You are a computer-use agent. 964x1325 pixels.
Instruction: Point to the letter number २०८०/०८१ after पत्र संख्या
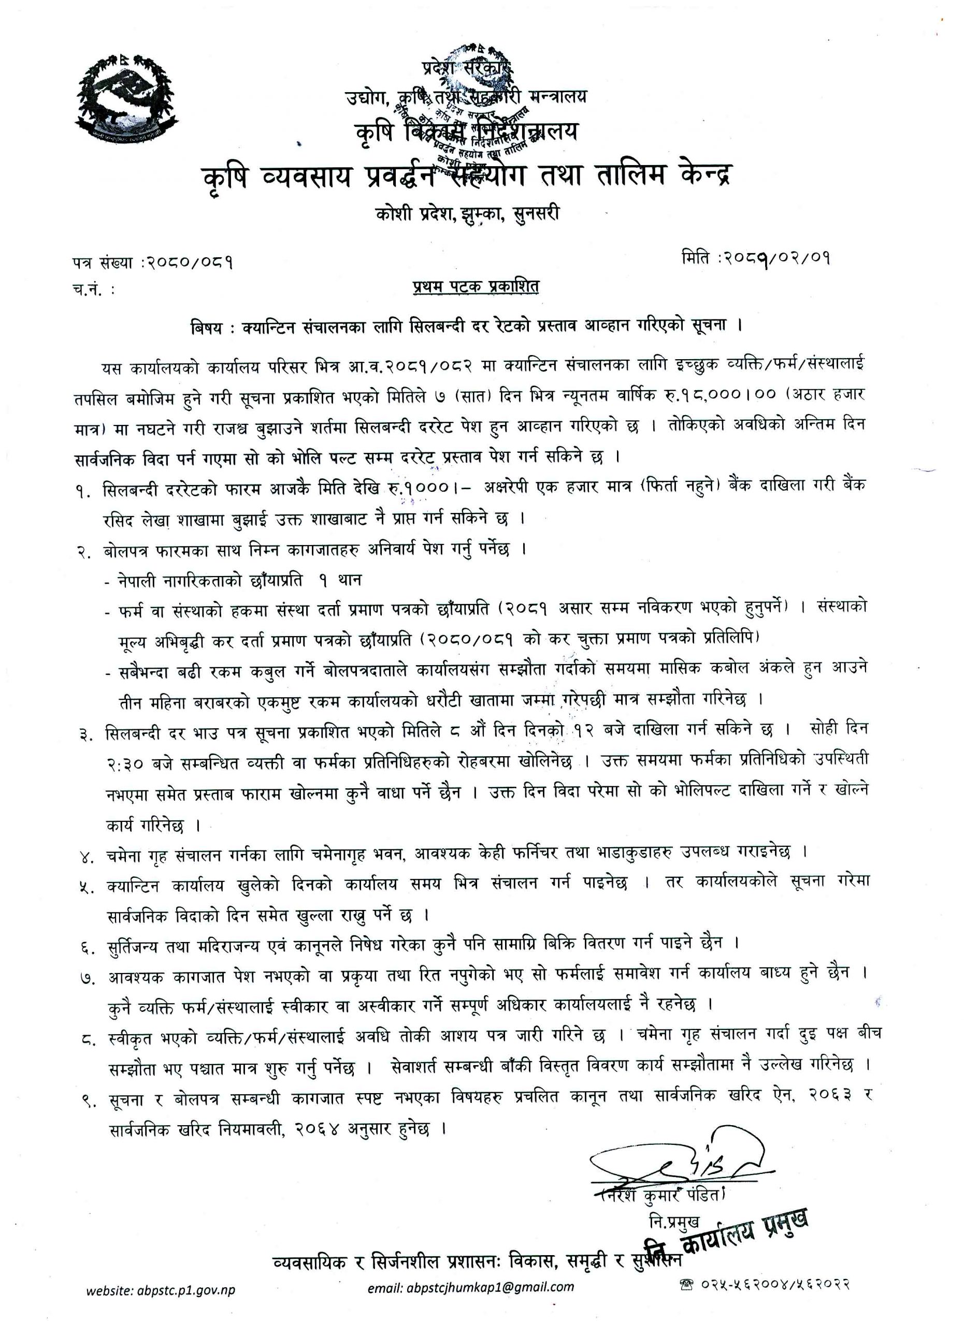point(186,264)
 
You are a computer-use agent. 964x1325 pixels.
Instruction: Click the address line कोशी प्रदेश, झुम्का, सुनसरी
point(468,213)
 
